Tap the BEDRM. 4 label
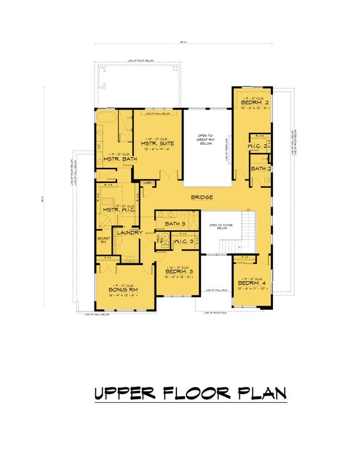(x=253, y=283)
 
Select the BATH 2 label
(x=261, y=169)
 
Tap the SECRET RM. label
(x=103, y=241)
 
